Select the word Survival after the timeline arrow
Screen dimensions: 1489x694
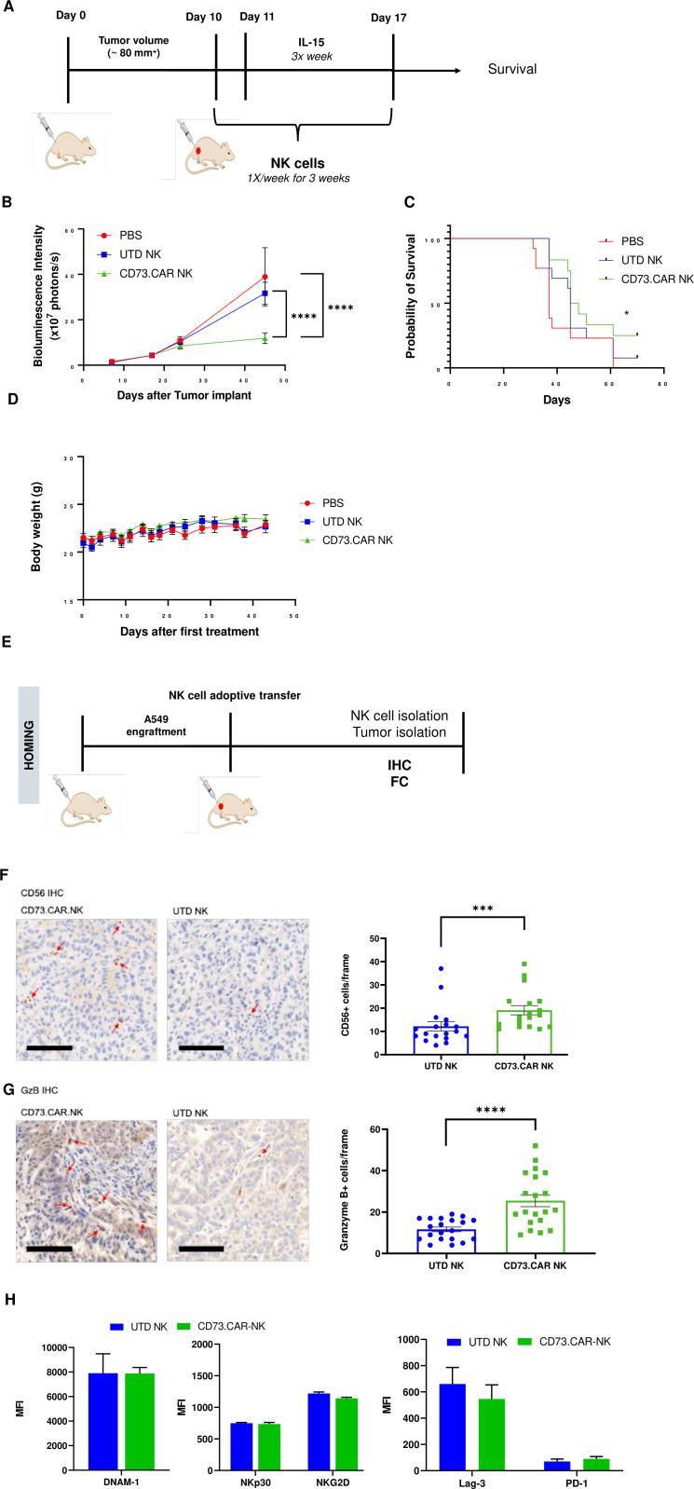[x=511, y=70]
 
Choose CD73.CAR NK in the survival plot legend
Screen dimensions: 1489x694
[x=659, y=278]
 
